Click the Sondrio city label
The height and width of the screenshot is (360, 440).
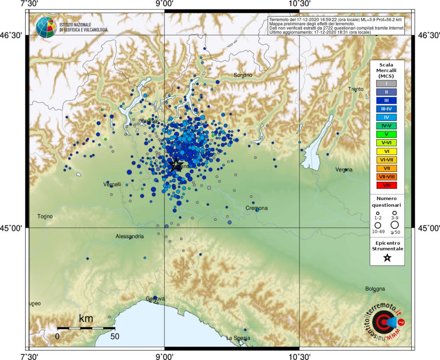[x=243, y=75]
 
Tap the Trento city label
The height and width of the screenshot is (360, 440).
[x=356, y=89]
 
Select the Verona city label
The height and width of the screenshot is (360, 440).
[x=344, y=170]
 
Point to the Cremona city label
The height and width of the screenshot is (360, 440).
[x=257, y=208]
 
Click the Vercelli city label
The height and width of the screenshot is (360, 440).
[x=112, y=184]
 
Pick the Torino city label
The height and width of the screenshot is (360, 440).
[x=45, y=216]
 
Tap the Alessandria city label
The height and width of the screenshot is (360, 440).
[x=130, y=236]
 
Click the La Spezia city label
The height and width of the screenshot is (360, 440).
[x=238, y=338]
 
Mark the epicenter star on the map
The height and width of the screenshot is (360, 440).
[x=175, y=165]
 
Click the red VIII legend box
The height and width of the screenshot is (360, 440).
[x=387, y=185]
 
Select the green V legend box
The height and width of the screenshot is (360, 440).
[x=387, y=134]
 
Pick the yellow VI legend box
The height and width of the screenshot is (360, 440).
[x=387, y=151]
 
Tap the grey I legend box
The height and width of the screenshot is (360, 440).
[x=387, y=83]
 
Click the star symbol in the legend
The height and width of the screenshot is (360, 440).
[x=387, y=258]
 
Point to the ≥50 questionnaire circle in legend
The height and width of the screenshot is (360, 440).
[x=394, y=225]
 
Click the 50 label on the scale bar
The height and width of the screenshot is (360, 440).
[x=114, y=336]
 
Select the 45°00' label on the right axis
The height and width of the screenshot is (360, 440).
[x=428, y=228]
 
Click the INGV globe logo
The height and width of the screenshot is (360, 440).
[x=46, y=27]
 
